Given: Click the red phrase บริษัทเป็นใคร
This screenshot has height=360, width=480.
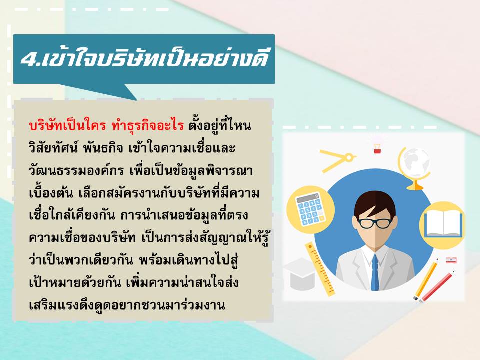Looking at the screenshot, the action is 67,125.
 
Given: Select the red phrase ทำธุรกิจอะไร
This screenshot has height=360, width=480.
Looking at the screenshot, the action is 148,125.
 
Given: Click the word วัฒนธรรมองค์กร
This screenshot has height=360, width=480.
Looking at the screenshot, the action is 76,170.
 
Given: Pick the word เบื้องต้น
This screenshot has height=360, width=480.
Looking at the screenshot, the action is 51,193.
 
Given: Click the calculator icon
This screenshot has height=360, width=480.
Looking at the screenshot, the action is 310,209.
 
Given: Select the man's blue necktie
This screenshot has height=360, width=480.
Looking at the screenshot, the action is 375,272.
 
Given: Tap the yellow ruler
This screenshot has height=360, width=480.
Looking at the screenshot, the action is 320,269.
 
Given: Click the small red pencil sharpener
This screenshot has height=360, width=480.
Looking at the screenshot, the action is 451,260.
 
